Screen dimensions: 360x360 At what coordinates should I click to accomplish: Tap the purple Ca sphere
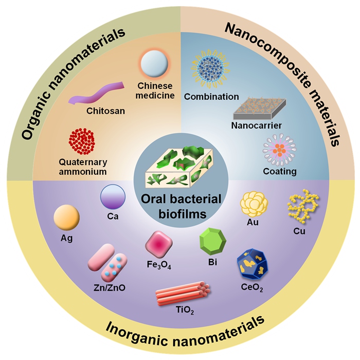pyautogui.click(x=112, y=197)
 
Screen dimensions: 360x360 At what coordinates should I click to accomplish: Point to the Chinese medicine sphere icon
pyautogui.click(x=154, y=65)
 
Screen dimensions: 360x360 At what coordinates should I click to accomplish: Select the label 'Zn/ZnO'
pyautogui.click(x=110, y=287)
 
